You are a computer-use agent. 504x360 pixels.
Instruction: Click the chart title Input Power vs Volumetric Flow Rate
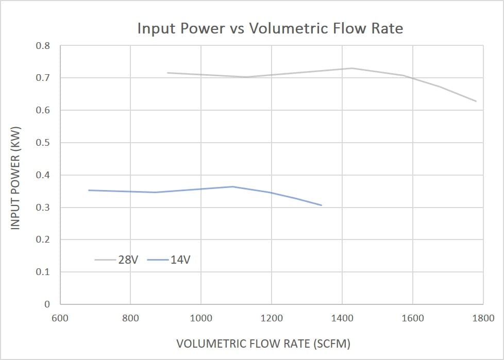[x=270, y=28]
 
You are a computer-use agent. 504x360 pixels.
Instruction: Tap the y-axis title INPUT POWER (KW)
[x=15, y=178]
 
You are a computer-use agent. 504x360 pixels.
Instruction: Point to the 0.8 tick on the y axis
[x=43, y=46]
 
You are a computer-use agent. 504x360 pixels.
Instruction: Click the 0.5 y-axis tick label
[x=43, y=143]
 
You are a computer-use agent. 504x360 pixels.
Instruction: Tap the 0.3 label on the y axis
[x=43, y=208]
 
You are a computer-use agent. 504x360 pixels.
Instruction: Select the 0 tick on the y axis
[x=47, y=304]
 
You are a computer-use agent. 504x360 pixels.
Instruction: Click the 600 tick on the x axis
[x=60, y=318]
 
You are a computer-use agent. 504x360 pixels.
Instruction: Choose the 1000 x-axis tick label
[x=201, y=318]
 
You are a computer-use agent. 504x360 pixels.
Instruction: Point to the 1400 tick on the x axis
[x=342, y=318]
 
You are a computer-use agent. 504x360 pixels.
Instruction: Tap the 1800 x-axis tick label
[x=483, y=318]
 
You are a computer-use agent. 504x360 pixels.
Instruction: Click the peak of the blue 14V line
[x=233, y=186]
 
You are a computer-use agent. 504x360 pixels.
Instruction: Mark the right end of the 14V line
[x=322, y=205]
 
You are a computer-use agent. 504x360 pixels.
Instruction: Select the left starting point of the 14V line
[x=89, y=190]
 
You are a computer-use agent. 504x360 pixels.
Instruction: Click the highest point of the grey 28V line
[x=352, y=68]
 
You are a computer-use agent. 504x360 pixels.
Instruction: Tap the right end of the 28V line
[x=476, y=101]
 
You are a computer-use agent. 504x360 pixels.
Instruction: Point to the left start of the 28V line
[x=167, y=73]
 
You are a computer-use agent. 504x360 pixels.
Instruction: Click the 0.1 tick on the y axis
[x=43, y=272]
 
